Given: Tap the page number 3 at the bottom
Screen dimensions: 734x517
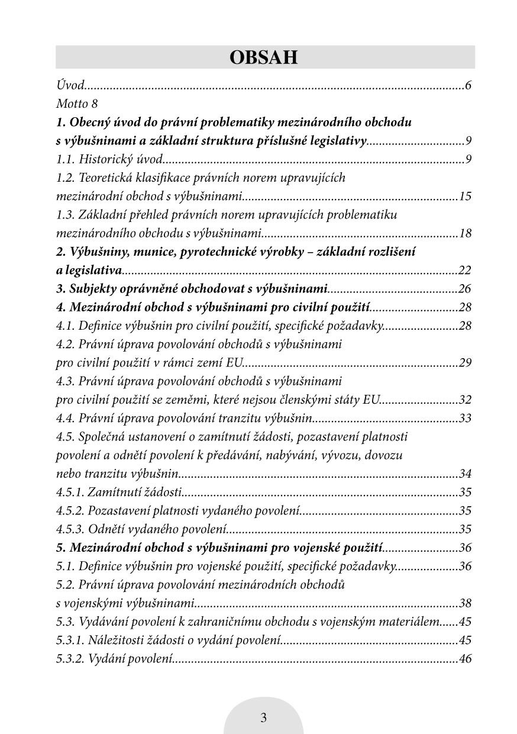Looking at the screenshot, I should point(263,718).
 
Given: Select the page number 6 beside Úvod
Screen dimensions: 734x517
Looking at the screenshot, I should point(468,86).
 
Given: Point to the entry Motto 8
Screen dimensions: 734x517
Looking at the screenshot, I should point(77,104).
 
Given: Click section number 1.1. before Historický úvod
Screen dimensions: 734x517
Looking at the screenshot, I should point(67,159).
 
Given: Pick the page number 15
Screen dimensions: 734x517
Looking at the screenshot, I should point(465,197).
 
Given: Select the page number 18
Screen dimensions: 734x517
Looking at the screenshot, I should point(465,233).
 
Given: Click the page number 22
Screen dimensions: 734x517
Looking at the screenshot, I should point(465,271).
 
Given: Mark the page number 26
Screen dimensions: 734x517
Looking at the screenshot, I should point(465,289).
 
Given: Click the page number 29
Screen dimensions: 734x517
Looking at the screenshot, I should point(465,363).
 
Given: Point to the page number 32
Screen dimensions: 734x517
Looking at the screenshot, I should point(465,400).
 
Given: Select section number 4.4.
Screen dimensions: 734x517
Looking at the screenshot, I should point(67,418).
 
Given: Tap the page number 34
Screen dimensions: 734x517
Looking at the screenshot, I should point(465,474).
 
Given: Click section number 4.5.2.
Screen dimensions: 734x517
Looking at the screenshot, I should point(71,511).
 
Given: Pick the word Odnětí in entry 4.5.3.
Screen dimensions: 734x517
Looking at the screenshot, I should point(105,529).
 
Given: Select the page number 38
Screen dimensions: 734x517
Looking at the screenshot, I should point(465,604).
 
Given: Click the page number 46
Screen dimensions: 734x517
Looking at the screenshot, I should point(465,659).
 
